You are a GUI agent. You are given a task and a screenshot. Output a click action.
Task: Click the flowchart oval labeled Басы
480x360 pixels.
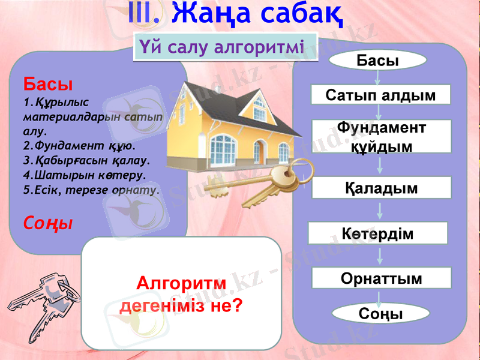click(x=378, y=60)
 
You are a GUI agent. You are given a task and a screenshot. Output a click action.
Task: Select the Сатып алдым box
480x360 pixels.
click(x=380, y=95)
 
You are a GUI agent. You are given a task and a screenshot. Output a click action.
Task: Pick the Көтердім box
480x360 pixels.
click(x=377, y=233)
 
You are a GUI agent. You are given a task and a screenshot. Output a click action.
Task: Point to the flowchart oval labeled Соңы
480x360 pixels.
click(x=380, y=314)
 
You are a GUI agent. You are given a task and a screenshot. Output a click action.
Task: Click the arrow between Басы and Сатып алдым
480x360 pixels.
click(x=378, y=77)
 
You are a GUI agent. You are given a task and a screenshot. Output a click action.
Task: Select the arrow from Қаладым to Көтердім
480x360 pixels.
click(x=379, y=210)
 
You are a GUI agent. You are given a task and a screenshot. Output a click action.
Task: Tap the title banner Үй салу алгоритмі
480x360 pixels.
click(x=221, y=46)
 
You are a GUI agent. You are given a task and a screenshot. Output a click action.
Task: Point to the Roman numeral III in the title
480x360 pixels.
click(x=144, y=14)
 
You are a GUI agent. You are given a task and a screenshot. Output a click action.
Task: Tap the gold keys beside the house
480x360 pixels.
click(x=258, y=183)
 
